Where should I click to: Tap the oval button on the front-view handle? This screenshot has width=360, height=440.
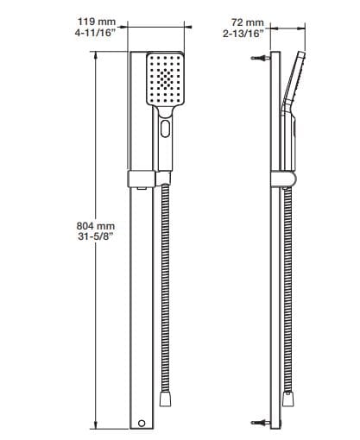point(164,129)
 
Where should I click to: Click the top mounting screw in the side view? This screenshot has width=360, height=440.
point(259,60)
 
